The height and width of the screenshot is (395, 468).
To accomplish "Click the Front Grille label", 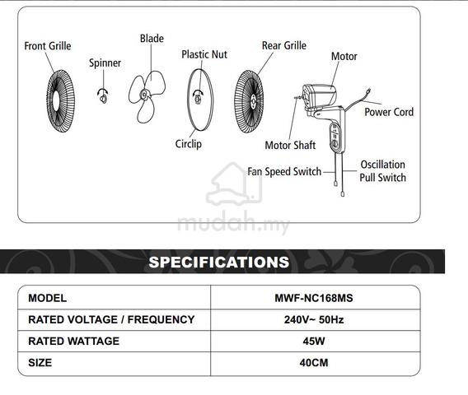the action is tap(48, 46).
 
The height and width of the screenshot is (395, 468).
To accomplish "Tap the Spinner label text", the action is tap(105, 63).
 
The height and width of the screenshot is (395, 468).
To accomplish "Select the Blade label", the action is tap(152, 39).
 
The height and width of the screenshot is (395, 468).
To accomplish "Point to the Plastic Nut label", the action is tap(204, 54).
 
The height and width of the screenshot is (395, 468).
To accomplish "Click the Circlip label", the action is tap(189, 144).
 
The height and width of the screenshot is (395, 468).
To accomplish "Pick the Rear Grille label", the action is tap(284, 45).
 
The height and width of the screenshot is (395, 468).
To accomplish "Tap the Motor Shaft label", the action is tap(290, 145).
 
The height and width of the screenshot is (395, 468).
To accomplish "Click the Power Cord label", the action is tap(389, 112).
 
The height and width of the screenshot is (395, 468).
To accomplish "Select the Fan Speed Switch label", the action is tap(284, 171).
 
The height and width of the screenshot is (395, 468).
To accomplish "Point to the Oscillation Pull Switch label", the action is tap(382, 171).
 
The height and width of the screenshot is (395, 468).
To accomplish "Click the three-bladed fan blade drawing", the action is tap(147, 96).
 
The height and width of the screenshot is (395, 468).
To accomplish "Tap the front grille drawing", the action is tap(60, 101).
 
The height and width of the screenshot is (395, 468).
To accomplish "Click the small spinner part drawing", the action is tap(103, 96).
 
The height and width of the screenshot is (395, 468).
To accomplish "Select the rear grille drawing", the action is tap(249, 101).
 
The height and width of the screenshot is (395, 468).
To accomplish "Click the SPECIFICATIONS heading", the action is tap(219, 262).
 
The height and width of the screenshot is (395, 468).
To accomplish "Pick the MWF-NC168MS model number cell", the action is tap(314, 298).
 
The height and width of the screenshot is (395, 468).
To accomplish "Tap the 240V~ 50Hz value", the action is tap(314, 319).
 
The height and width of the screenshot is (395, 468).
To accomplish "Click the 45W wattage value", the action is tap(314, 341).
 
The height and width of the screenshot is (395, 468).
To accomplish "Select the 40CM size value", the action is tap(314, 363).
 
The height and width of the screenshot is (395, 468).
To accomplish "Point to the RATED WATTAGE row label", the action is tap(73, 341).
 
